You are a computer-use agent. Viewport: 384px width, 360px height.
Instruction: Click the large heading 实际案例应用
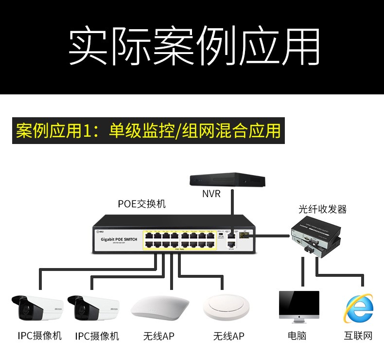tap(194, 47)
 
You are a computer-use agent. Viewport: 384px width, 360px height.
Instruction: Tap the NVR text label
tap(211, 194)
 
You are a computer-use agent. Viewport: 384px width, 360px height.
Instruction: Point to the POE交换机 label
tap(141, 204)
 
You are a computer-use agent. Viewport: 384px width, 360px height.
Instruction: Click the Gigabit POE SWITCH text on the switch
tap(119, 239)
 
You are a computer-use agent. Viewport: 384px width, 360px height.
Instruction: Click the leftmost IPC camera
tap(37, 308)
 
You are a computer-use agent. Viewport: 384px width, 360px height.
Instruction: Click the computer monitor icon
tap(299, 306)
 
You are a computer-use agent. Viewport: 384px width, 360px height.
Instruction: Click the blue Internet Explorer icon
tap(359, 307)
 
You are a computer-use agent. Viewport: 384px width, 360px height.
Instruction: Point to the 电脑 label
tap(297, 336)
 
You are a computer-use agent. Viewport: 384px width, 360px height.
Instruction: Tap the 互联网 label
tap(358, 336)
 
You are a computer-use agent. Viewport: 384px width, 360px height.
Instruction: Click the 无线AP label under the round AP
tap(228, 336)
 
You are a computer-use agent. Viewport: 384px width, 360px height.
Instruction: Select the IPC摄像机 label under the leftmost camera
tap(40, 336)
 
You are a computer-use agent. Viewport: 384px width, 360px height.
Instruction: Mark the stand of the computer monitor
tap(299, 321)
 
